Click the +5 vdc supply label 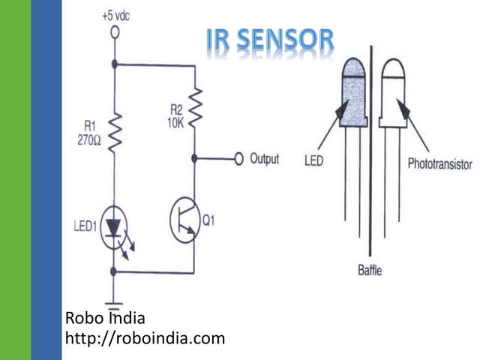click(x=115, y=16)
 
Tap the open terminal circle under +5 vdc click(x=115, y=32)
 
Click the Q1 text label click(x=209, y=220)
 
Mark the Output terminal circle click(x=239, y=158)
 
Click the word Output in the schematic click(x=265, y=159)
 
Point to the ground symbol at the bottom click(x=115, y=301)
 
